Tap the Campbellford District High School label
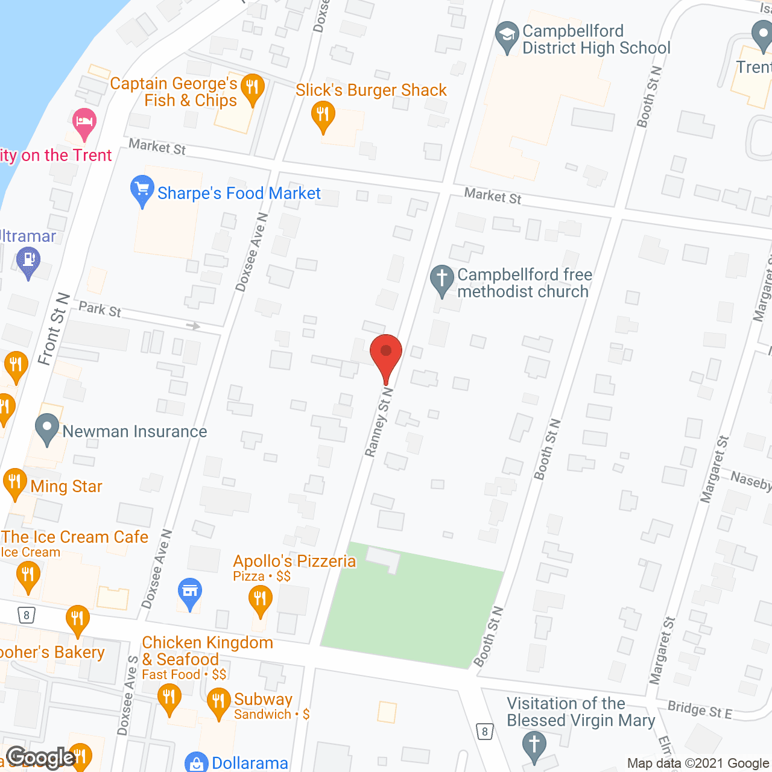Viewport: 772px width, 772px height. [x=596, y=40]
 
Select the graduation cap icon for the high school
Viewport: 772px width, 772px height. [x=507, y=36]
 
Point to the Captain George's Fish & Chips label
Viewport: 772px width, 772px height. [x=174, y=92]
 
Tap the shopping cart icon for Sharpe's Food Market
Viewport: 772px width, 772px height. [x=142, y=190]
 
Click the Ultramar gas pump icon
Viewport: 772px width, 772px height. [x=28, y=262]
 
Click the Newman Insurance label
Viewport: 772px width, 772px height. [x=134, y=432]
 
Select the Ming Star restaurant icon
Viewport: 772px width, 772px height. [x=15, y=482]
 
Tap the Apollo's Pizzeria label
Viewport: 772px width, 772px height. [x=294, y=562]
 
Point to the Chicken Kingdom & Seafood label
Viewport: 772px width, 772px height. [x=207, y=651]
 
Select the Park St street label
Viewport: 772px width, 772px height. [x=100, y=309]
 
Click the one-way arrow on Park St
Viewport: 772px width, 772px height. [x=193, y=326]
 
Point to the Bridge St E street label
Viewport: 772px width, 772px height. [x=700, y=709]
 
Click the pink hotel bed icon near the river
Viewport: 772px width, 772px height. [x=84, y=123]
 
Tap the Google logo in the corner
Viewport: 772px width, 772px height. [x=41, y=758]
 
